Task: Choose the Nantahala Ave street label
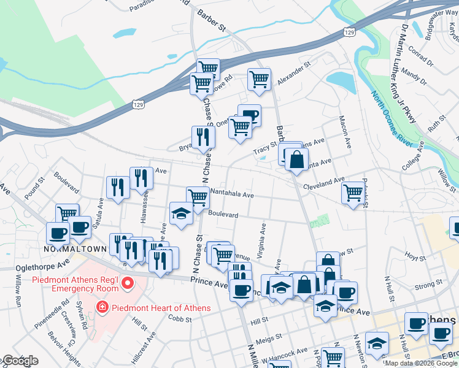point(232,194)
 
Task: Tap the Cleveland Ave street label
point(326,182)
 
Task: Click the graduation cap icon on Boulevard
point(181,215)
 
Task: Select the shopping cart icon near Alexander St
point(259,79)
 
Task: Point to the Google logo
point(20,361)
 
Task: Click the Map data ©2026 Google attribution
point(422,363)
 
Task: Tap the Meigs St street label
point(269,337)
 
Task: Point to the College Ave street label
point(412,156)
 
